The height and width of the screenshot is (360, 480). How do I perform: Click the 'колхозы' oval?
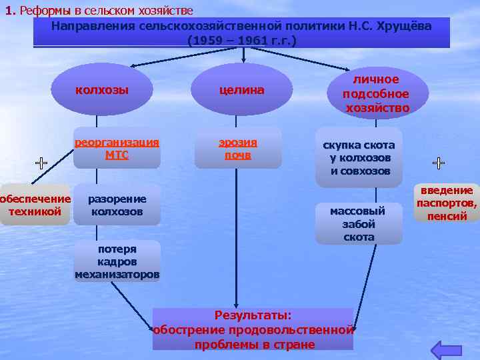click(102, 90)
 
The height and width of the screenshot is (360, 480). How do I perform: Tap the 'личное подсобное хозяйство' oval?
click(377, 93)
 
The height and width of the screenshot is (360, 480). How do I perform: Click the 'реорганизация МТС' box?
click(117, 148)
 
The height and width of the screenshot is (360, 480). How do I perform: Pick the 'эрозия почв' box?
click(238, 148)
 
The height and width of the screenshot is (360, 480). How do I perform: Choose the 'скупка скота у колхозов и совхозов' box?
click(359, 157)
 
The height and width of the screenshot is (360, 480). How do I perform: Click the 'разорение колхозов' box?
click(117, 205)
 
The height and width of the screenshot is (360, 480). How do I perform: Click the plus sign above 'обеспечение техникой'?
click(41, 162)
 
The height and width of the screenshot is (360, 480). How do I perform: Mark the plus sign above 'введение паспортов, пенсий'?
click(439, 162)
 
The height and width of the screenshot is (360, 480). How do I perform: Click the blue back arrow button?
click(446, 349)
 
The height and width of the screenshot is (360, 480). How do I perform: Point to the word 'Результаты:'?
click(253, 315)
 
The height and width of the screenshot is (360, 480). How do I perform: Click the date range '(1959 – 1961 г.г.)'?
click(242, 40)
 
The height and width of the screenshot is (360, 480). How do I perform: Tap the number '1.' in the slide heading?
click(11, 11)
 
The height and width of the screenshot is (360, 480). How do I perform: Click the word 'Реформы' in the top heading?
click(46, 11)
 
